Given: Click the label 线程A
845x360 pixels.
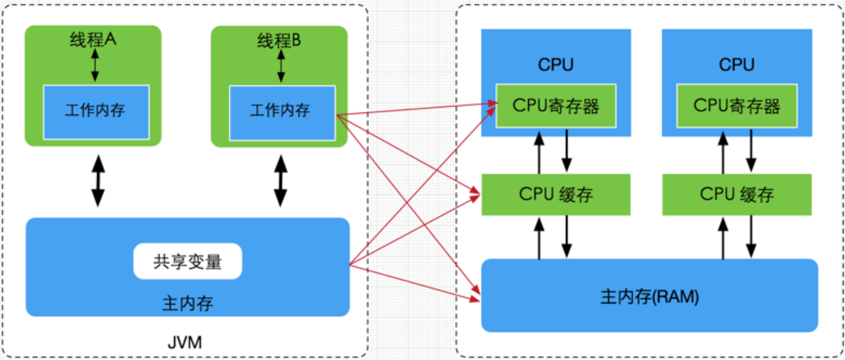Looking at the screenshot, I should pos(93,40).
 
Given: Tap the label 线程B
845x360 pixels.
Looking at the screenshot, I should pos(279,41).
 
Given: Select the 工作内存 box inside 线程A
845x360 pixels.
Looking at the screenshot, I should pos(96,112).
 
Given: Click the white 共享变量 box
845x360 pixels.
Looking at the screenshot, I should pos(187,261).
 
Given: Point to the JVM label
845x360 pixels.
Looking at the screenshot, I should pos(185,343).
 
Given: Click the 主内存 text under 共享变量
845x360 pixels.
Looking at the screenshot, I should pos(187,304).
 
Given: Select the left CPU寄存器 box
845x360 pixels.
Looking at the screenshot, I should pos(556,106).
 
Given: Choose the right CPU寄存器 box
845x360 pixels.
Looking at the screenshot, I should pos(737,106).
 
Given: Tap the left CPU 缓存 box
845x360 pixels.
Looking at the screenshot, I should pos(556,194).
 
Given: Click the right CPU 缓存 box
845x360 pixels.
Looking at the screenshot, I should pos(737,194).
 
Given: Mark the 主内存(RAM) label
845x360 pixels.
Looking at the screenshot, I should pos(649,296).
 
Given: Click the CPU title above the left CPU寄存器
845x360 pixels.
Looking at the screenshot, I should pos(556,64).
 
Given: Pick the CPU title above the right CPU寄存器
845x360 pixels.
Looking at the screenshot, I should pos(737,64).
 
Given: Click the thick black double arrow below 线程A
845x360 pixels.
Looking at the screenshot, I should pos(98,181).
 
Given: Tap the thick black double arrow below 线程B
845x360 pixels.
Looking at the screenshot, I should pos(280,181).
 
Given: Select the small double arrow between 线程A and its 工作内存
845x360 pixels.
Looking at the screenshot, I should pos(95,65).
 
